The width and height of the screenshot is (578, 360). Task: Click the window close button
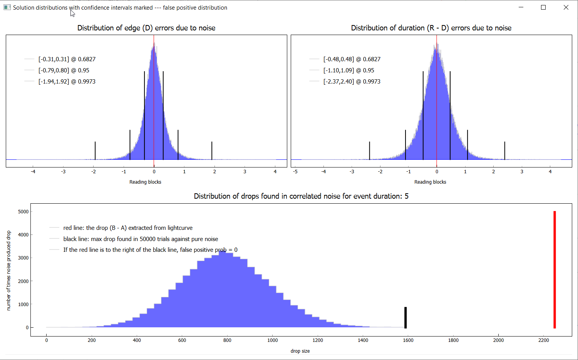click(x=566, y=7)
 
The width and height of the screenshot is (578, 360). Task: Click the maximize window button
click(x=543, y=7)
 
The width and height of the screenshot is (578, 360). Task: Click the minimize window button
click(x=521, y=7)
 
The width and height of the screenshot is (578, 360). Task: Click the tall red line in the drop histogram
click(x=555, y=270)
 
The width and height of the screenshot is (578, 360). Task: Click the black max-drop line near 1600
click(x=405, y=317)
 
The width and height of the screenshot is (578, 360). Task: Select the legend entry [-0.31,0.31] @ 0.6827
click(x=67, y=59)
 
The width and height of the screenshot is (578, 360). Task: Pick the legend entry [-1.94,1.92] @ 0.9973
click(x=67, y=82)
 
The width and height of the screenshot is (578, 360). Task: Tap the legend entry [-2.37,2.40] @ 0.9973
click(x=352, y=82)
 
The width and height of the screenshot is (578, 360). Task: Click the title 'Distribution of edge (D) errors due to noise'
click(x=146, y=28)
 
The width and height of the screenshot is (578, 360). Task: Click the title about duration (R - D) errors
click(x=431, y=28)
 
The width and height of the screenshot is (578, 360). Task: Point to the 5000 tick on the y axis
click(x=23, y=212)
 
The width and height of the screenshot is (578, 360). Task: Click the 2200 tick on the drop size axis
click(x=544, y=340)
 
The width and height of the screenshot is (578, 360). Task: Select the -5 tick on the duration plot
click(x=295, y=172)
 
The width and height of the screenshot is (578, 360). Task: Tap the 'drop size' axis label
click(x=300, y=351)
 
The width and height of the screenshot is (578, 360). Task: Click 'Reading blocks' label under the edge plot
click(x=145, y=182)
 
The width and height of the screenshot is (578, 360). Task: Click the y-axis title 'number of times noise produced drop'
click(x=9, y=270)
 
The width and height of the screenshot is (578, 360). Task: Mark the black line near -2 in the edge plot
click(x=95, y=151)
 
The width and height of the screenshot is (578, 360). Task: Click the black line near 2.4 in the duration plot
click(x=504, y=151)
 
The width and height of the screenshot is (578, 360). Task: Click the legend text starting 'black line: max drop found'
click(x=141, y=239)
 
